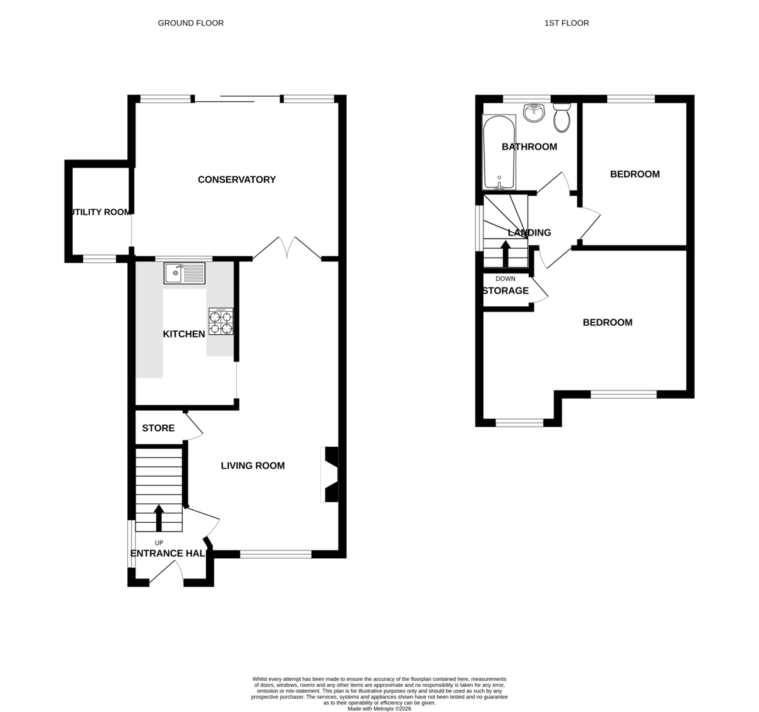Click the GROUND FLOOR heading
[x=191, y=23]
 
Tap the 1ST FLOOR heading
[x=566, y=23]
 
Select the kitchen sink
[x=185, y=273]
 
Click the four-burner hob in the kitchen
[x=221, y=322]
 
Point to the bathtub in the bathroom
[x=499, y=153]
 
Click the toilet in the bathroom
[x=562, y=117]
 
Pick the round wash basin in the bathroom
[x=534, y=113]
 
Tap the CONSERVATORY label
[x=237, y=180]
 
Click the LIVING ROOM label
[x=252, y=466]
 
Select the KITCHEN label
[x=184, y=334]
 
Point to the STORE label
[x=158, y=428]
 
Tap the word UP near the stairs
[x=159, y=543]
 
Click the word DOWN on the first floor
[x=505, y=279]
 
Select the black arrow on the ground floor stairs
[x=159, y=518]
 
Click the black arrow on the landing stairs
[x=505, y=254]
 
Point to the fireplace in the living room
[x=330, y=475]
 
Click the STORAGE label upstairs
[x=505, y=290]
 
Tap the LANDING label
[x=529, y=233]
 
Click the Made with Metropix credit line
[x=379, y=709]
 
